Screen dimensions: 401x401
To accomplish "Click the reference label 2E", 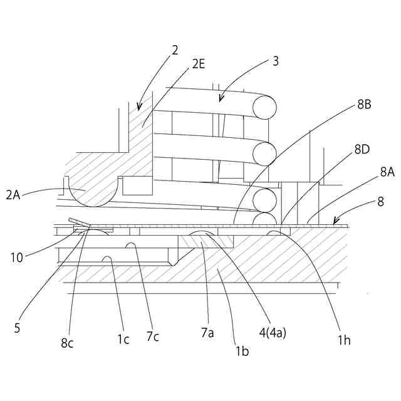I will pyautogui.click(x=199, y=63).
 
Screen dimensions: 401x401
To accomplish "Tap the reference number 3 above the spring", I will pyautogui.click(x=276, y=61).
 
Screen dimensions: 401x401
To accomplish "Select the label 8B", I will pyautogui.click(x=365, y=105).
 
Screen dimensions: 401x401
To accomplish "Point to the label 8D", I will pyautogui.click(x=363, y=149).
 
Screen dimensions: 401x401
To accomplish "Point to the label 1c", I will pyautogui.click(x=123, y=339).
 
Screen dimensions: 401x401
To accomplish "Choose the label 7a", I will pyautogui.click(x=207, y=333).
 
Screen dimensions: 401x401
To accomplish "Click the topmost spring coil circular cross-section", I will pyautogui.click(x=264, y=107).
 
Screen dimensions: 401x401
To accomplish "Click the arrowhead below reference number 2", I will pyautogui.click(x=139, y=107).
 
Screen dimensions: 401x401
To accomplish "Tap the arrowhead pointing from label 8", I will pyautogui.click(x=336, y=221).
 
